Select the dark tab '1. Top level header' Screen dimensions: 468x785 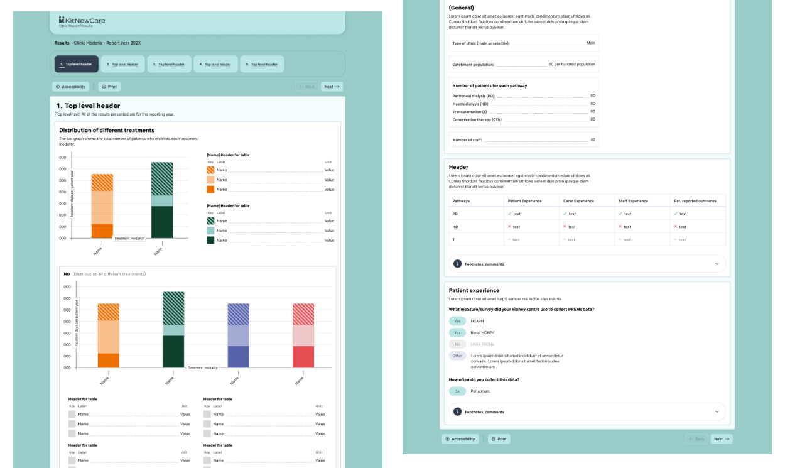[77, 64]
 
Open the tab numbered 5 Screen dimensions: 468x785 [261, 64]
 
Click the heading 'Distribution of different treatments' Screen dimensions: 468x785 [106, 130]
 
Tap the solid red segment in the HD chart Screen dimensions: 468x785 [303, 356]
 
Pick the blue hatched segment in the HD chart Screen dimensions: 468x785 [238, 314]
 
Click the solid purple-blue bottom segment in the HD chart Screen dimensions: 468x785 [238, 356]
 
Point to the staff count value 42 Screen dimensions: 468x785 [592, 139]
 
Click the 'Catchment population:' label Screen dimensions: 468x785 [473, 65]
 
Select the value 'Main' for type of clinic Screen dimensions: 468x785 [590, 43]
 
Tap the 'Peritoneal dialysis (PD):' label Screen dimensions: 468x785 [474, 96]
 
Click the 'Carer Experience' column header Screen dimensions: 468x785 [578, 201]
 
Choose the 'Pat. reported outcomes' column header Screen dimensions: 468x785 [695, 201]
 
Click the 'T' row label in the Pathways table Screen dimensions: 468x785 [453, 239]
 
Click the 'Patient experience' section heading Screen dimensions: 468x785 [474, 290]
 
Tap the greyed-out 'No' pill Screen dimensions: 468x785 [457, 344]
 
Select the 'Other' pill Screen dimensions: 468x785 [457, 356]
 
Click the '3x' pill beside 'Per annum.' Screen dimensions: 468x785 [457, 391]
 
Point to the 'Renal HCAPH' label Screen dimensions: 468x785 [482, 332]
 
